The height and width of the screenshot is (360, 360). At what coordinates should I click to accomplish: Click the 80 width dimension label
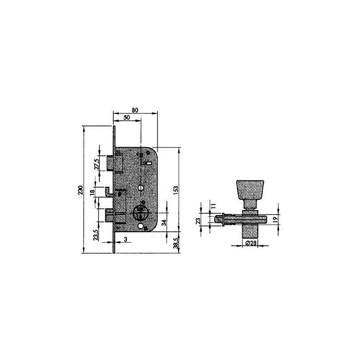click(x=135, y=110)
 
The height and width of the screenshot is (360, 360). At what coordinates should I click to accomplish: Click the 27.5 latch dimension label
click(x=96, y=163)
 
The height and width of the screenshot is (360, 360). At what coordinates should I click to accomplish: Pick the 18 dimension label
click(x=92, y=192)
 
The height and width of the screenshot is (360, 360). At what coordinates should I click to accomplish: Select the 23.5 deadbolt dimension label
click(x=96, y=235)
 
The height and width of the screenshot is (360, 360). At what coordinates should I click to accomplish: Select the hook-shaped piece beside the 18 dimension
click(x=108, y=191)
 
